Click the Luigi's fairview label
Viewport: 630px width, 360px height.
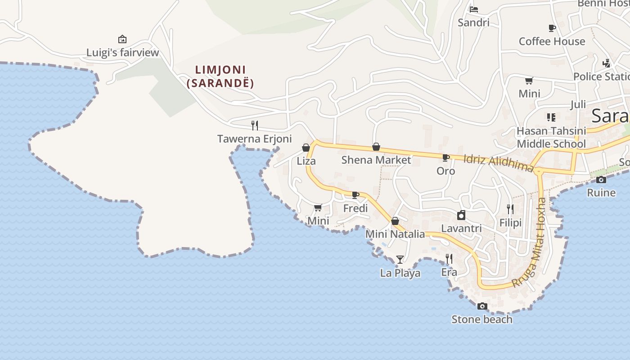point(122,53)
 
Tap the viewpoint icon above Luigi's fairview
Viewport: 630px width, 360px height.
point(122,39)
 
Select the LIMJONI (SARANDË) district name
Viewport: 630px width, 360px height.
point(220,76)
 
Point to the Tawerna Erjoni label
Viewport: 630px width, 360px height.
point(254,139)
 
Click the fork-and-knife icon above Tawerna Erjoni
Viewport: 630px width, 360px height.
point(255,125)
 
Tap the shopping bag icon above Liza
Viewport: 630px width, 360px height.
point(306,148)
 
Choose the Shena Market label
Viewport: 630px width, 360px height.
point(376,160)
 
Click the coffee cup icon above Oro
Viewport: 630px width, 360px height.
point(446,157)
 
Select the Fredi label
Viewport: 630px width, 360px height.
point(355,208)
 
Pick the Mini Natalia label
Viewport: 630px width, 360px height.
point(395,234)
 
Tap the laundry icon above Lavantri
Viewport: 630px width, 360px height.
point(461,215)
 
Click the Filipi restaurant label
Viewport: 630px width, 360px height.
point(510,223)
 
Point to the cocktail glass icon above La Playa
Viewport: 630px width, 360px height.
point(400,259)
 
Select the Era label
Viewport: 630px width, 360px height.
point(449,272)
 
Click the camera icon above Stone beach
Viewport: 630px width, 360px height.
point(482,306)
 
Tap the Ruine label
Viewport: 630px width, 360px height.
point(601,193)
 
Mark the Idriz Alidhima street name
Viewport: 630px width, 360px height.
point(498,162)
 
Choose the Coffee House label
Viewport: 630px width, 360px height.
point(552,41)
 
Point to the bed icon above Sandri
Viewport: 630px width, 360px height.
point(473,9)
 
